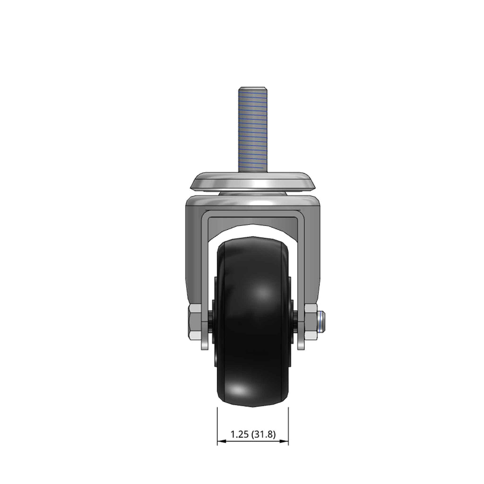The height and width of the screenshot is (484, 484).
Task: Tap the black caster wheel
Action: (x=253, y=321)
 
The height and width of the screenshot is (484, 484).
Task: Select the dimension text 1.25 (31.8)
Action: (x=253, y=435)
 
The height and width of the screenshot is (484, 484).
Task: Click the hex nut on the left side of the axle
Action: (x=194, y=321)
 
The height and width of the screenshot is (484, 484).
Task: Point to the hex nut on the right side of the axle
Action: (x=311, y=321)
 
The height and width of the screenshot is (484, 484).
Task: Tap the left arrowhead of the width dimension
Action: (x=222, y=441)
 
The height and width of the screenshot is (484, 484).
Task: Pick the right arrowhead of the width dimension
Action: (x=284, y=441)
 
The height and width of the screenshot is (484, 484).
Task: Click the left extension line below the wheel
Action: (x=217, y=426)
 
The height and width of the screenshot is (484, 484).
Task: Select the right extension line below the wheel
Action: (x=288, y=426)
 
